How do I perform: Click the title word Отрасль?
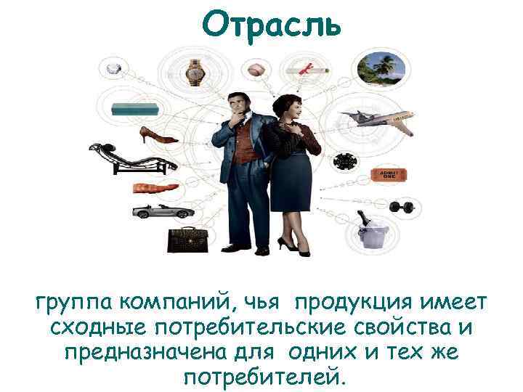pos(271,24)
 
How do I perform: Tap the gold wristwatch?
pos(195,70)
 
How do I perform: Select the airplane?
pos(382,121)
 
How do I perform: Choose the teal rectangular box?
pos(135,110)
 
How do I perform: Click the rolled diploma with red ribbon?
pos(309,70)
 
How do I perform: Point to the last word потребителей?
pos(261,377)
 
